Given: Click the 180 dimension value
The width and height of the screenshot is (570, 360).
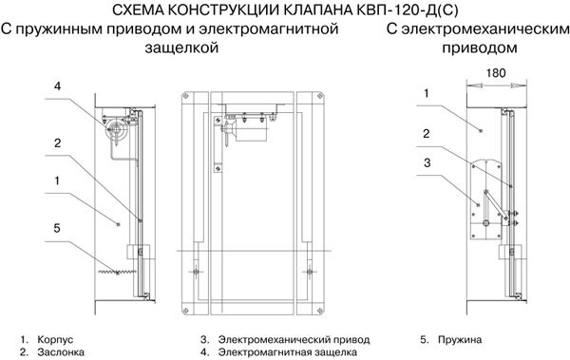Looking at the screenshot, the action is tap(496, 73).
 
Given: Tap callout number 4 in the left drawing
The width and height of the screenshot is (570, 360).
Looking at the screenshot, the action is tap(57, 86).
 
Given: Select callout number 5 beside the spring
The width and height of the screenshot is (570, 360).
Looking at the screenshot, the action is tap(57, 228).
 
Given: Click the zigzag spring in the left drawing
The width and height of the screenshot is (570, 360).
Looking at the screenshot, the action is tap(117, 272).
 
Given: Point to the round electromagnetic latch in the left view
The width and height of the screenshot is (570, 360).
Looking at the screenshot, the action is tap(116, 129).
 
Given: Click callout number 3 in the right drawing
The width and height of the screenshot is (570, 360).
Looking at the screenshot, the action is tap(427, 162).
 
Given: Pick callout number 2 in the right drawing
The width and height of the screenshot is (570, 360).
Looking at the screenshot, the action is tap(427, 133).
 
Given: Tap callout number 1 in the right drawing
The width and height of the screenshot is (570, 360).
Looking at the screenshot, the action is tap(427, 93).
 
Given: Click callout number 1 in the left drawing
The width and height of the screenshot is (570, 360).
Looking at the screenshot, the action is tap(57, 180).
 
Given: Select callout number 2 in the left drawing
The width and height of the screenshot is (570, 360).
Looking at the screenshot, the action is tap(57, 142).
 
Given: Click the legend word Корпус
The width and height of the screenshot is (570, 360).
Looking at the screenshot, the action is tap(55, 340).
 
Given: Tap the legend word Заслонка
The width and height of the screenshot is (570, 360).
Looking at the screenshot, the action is tap(61, 352).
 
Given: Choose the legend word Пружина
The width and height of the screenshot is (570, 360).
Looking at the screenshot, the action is tap(460, 340).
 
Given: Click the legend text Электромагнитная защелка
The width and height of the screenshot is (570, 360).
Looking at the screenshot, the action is tap(288, 352).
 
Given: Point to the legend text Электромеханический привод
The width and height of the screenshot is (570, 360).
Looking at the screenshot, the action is tap(294, 340).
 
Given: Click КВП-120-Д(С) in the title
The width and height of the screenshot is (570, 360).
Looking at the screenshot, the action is tap(406, 9).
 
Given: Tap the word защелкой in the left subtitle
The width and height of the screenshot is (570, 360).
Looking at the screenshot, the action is tap(181, 47).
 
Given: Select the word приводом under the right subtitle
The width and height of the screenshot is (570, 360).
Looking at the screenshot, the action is tap(480, 47).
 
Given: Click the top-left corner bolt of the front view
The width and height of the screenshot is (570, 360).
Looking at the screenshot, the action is tap(186, 96).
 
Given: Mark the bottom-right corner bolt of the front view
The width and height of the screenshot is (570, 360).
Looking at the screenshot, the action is tap(320, 311).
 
